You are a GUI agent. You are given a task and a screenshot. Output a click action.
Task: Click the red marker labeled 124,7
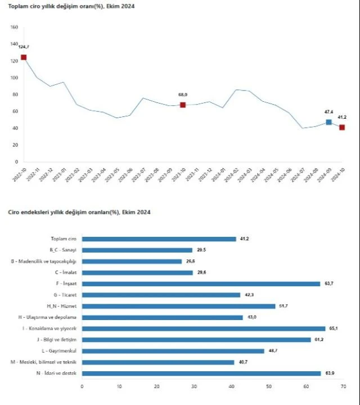(24, 57)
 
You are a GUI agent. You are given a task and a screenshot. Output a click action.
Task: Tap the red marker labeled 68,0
(183, 105)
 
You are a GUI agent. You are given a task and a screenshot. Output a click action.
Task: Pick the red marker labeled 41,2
(342, 127)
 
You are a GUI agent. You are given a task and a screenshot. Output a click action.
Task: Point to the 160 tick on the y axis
(15, 27)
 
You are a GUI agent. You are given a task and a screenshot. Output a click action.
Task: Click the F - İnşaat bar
(201, 283)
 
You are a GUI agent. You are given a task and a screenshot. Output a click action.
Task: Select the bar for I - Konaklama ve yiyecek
(204, 328)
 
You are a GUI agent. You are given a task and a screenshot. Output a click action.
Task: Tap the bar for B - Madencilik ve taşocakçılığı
(132, 261)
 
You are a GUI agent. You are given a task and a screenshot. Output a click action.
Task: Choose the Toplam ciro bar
(159, 238)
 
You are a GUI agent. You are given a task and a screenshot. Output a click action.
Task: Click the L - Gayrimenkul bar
(173, 350)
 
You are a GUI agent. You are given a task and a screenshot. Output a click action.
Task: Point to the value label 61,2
(318, 339)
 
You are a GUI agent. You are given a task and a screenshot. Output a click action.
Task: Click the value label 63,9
(328, 373)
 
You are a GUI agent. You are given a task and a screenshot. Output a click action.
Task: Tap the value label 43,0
(251, 317)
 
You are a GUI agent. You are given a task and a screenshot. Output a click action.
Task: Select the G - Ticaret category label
(66, 295)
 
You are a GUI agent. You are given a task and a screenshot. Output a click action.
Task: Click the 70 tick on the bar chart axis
(343, 386)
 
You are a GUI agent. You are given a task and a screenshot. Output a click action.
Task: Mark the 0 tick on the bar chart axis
(82, 386)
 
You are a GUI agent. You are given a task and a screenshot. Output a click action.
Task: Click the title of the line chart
(71, 6)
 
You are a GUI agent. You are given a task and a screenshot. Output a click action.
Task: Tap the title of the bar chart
(79, 212)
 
